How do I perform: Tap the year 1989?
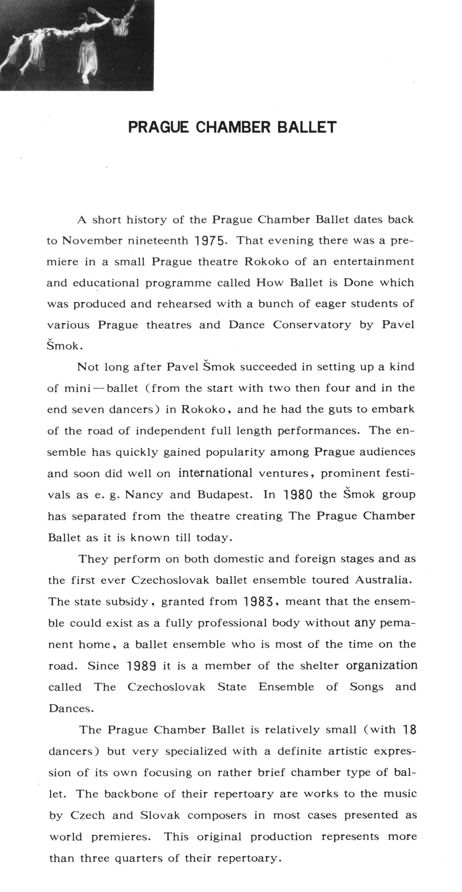(141, 666)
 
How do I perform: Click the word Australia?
(384, 580)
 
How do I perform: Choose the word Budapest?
(225, 495)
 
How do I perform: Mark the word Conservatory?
(312, 325)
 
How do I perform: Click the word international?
(215, 473)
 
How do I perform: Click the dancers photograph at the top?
(77, 45)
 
